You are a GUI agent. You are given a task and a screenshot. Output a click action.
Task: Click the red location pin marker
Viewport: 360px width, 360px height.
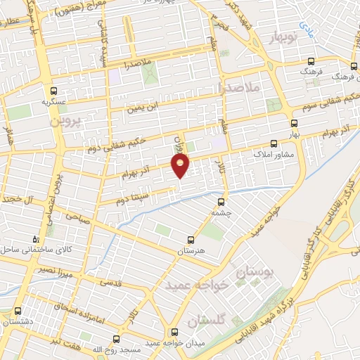click(181, 167)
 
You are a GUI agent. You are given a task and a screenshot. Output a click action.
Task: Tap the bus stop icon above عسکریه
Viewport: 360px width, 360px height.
click(53, 91)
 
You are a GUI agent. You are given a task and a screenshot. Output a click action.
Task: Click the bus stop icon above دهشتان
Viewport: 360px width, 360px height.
click(18, 311)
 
